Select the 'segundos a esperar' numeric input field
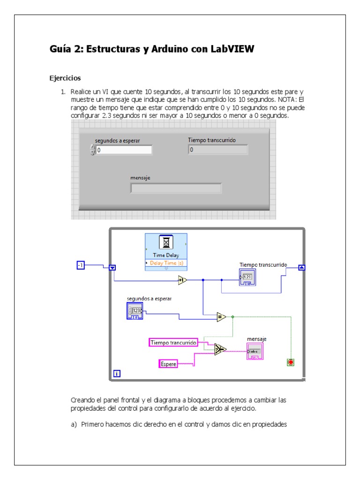pos(124,150)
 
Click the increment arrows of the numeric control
pos(92,150)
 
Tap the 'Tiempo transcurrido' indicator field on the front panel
pos(218,150)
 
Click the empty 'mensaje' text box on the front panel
pos(176,188)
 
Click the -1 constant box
pos(81,266)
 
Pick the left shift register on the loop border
pos(112,268)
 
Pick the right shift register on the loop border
pos(302,268)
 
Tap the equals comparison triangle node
pos(221,317)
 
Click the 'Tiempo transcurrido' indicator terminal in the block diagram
pos(247,278)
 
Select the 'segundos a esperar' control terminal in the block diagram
pos(135,311)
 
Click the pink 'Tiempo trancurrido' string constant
pos(173,343)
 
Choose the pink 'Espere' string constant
pos(168,363)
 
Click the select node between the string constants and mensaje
pos(220,349)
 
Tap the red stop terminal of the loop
pos(291,362)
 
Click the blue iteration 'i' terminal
pos(117,374)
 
